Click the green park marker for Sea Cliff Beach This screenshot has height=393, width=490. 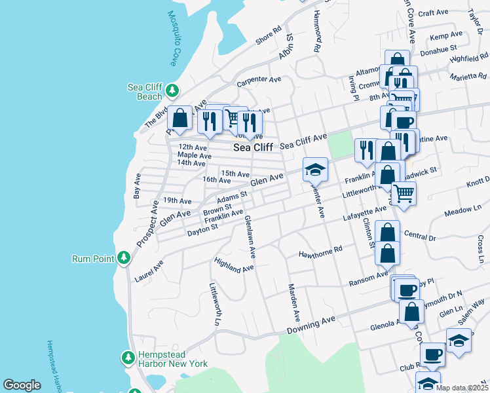click(172, 90)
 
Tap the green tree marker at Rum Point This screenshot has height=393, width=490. click(123, 258)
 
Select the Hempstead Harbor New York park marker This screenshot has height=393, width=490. click(128, 358)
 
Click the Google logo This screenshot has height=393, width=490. click(22, 385)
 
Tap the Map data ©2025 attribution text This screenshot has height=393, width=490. click(462, 388)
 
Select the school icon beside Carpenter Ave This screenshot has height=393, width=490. click(315, 170)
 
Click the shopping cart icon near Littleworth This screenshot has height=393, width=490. click(404, 193)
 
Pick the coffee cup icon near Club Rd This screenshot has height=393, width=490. click(432, 354)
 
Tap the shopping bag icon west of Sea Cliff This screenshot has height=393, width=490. click(179, 118)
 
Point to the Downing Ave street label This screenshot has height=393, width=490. click(311, 324)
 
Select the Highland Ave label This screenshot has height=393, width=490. click(233, 265)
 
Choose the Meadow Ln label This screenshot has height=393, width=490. click(462, 210)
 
